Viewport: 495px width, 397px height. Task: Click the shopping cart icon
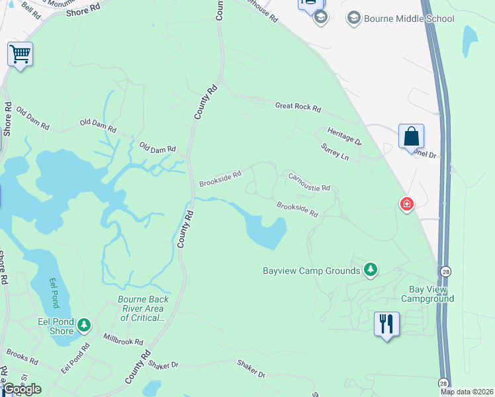20,54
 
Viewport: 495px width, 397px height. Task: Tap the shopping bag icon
411,136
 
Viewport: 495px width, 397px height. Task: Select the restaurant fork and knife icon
386,324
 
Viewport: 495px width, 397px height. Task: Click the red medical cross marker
406,205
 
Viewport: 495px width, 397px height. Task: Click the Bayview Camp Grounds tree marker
371,269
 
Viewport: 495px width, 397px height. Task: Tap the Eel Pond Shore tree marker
83,325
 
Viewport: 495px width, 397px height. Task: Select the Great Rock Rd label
298,106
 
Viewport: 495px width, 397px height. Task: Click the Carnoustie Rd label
308,182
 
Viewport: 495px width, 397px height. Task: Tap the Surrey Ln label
334,152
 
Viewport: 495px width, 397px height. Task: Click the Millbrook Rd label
123,340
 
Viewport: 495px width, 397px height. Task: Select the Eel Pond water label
55,292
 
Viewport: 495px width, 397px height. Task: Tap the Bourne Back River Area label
143,308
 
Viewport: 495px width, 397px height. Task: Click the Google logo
22,389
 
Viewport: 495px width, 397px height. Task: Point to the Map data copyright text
467,392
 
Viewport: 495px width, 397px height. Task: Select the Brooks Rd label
22,358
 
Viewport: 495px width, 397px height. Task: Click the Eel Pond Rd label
75,359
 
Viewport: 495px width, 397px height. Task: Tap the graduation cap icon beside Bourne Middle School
354,18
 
